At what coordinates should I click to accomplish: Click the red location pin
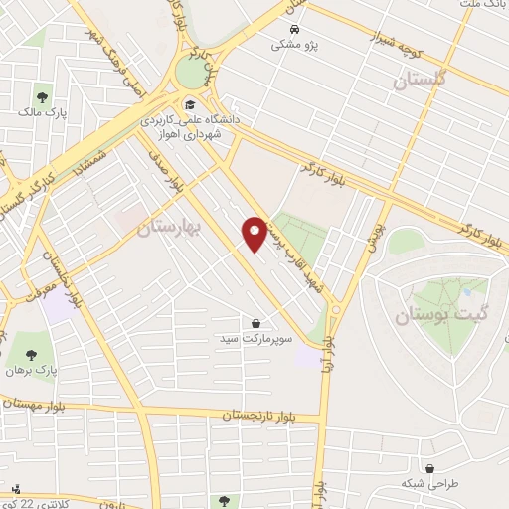[x=255, y=234]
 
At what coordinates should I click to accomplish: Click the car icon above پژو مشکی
[x=295, y=29]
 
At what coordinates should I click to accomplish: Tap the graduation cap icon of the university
[x=188, y=102]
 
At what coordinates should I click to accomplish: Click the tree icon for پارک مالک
[x=43, y=97]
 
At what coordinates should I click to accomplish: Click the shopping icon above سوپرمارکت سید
[x=256, y=322]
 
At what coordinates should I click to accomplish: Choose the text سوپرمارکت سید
[x=256, y=339]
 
